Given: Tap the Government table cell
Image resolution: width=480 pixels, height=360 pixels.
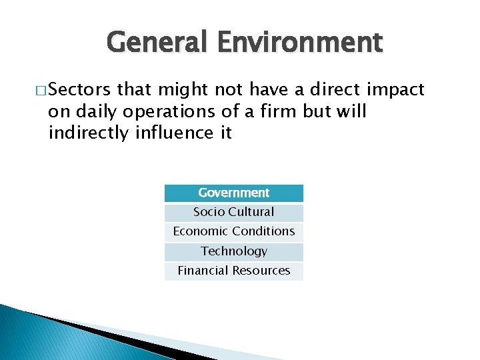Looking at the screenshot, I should coord(233,193).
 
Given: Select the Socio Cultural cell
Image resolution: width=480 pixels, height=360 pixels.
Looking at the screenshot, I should coord(233,212).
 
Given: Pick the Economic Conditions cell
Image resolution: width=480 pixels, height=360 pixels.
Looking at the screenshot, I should coord(233,231).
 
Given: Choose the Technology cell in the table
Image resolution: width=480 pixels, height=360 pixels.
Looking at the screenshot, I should coord(233,251).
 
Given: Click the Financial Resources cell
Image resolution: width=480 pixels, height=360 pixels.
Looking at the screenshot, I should coord(233,271).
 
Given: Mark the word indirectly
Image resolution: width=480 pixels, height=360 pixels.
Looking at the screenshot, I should coord(88,133).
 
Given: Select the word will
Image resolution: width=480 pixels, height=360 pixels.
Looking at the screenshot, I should coord(351,111).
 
